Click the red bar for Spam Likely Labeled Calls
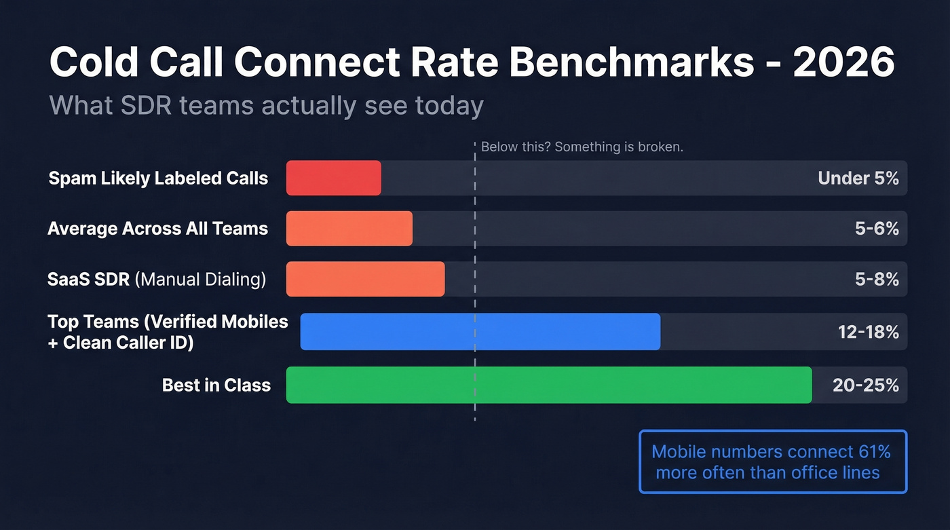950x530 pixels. pyautogui.click(x=333, y=178)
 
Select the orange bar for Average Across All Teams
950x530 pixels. pyautogui.click(x=349, y=228)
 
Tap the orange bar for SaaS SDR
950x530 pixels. pyautogui.click(x=365, y=279)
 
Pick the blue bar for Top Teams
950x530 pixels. pyautogui.click(x=480, y=332)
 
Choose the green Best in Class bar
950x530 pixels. pyautogui.click(x=548, y=385)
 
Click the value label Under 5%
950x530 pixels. pyautogui.click(x=858, y=178)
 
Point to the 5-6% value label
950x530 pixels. pyautogui.click(x=877, y=229)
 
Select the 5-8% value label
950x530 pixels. pyautogui.click(x=877, y=279)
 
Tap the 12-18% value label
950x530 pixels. pyautogui.click(x=868, y=332)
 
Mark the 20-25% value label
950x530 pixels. pyautogui.click(x=865, y=385)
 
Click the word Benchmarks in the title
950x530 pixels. pyautogui.click(x=632, y=62)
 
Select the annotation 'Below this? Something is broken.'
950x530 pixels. pyautogui.click(x=581, y=147)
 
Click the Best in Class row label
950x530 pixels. pyautogui.click(x=216, y=385)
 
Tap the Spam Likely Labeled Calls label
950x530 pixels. pyautogui.click(x=158, y=178)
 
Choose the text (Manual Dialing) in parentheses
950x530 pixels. pyautogui.click(x=201, y=279)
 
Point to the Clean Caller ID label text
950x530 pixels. pyautogui.click(x=128, y=343)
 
